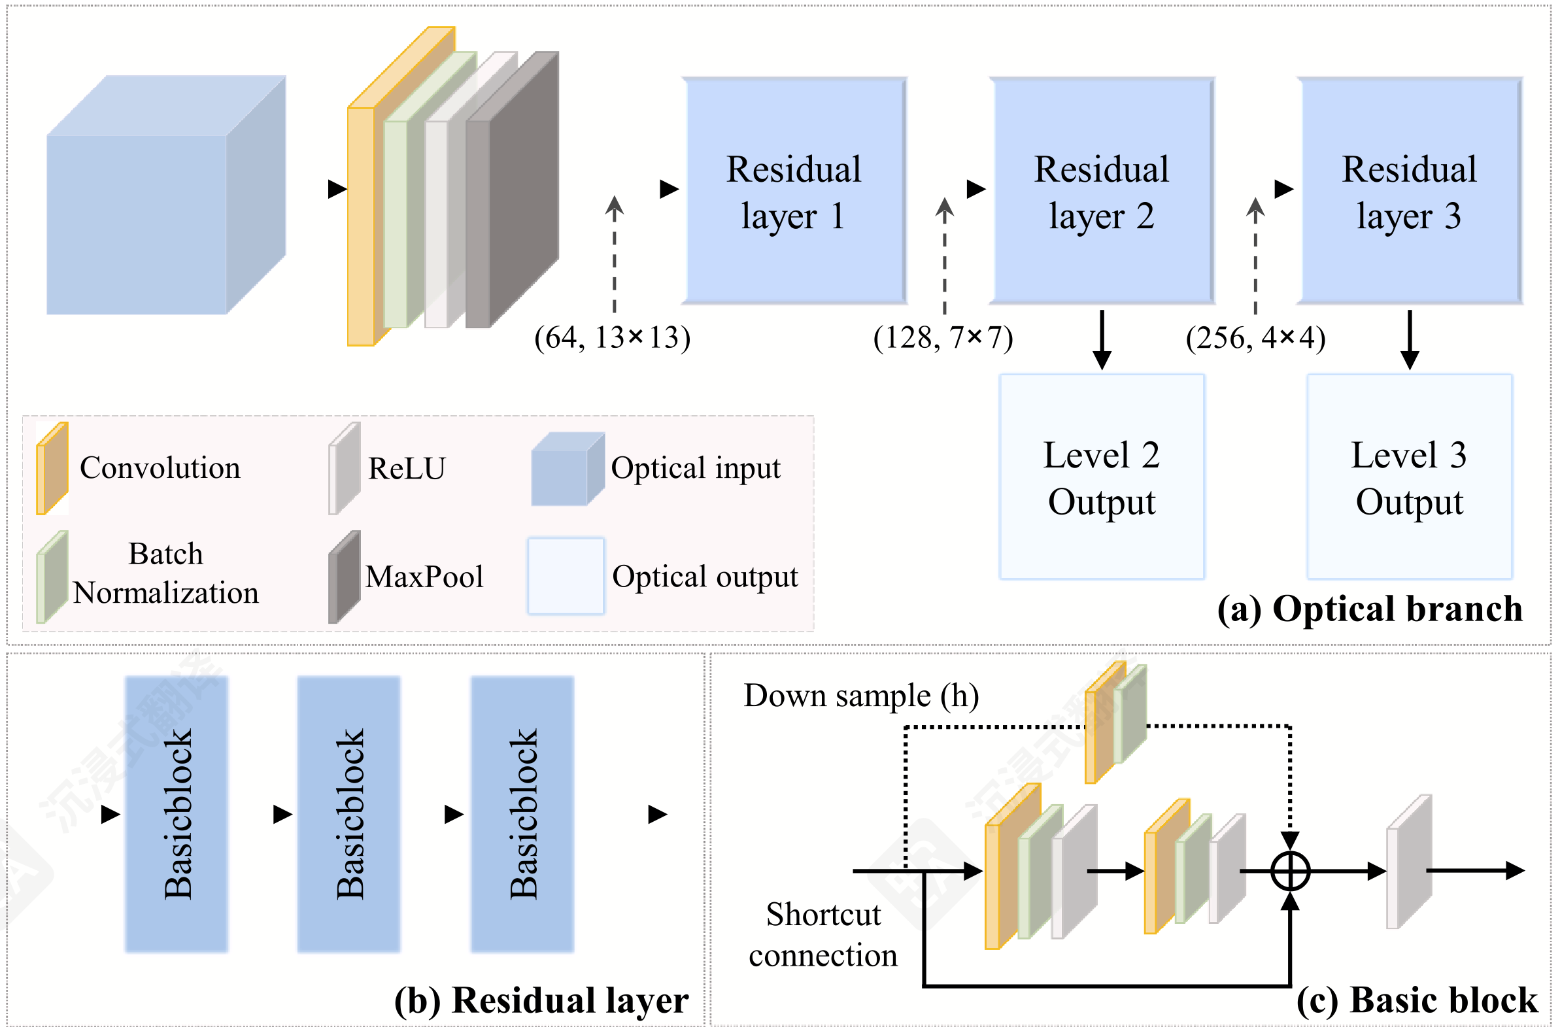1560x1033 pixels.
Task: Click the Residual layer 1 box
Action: (794, 191)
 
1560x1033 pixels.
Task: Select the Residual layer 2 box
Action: (1102, 191)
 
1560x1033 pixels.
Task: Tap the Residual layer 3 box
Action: (1409, 191)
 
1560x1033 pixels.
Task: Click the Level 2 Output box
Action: (1102, 477)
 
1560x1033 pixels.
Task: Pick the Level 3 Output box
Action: (1409, 477)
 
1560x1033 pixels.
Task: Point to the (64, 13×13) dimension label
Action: (612, 338)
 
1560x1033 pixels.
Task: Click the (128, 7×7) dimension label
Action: (943, 338)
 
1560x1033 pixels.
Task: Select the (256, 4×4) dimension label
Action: (1255, 338)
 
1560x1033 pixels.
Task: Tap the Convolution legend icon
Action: (52, 468)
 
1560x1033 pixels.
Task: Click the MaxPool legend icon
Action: (344, 577)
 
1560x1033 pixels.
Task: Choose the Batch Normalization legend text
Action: (165, 573)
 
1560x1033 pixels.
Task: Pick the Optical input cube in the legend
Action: (568, 469)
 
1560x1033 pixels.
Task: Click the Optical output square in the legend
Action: (566, 577)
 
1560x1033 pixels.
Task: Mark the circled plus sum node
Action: (1289, 871)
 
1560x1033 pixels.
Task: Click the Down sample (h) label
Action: (861, 696)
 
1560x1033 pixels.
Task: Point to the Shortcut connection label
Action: (822, 935)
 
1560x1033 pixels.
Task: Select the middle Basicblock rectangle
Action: (348, 814)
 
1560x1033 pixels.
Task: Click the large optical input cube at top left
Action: (166, 195)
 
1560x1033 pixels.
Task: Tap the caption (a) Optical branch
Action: (1370, 609)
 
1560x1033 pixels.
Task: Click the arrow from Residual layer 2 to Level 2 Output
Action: (1102, 339)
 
